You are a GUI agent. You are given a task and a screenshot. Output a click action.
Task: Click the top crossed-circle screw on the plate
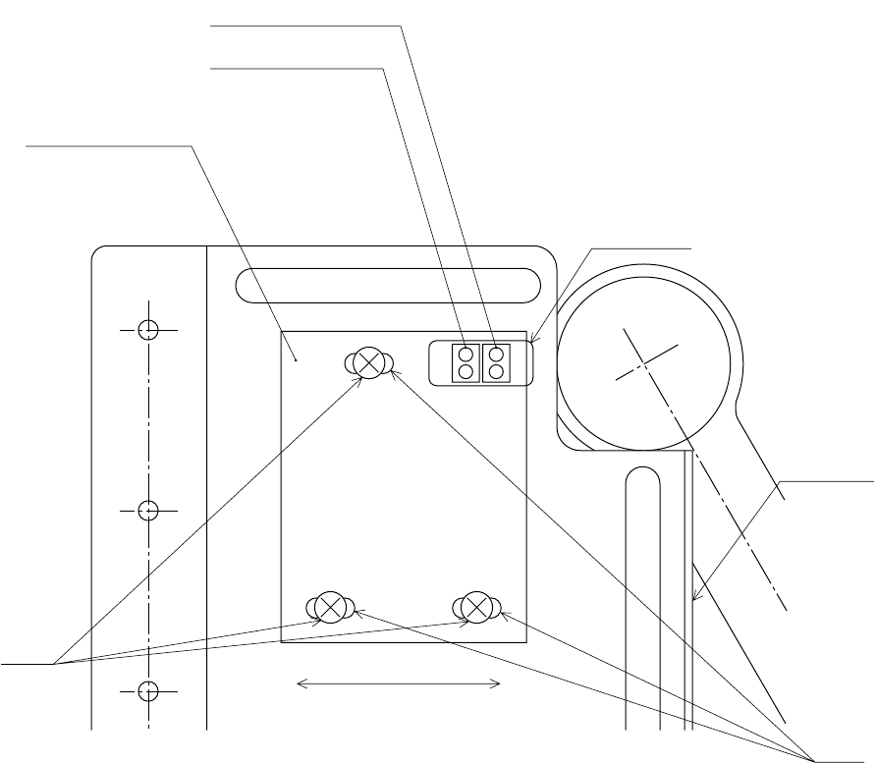pos(369,362)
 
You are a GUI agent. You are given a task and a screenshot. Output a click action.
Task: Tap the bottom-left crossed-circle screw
pos(331,607)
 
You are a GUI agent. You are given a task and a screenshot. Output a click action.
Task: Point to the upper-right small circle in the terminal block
pos(497,353)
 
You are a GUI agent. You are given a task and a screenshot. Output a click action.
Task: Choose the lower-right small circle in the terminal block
pos(497,371)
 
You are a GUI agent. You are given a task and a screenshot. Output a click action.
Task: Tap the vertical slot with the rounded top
pos(642,589)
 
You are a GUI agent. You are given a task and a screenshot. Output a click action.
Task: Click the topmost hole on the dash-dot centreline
pos(147,330)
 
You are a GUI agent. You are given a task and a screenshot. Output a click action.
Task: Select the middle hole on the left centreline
pos(147,511)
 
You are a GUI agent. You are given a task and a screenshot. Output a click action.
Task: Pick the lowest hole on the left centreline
pos(147,691)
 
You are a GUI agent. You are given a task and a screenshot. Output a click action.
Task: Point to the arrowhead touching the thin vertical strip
pos(694,599)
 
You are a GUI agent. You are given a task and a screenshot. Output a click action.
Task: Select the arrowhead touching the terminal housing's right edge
pos(530,343)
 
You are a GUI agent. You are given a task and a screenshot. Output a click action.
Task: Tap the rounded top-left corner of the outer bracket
pos(96,250)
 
